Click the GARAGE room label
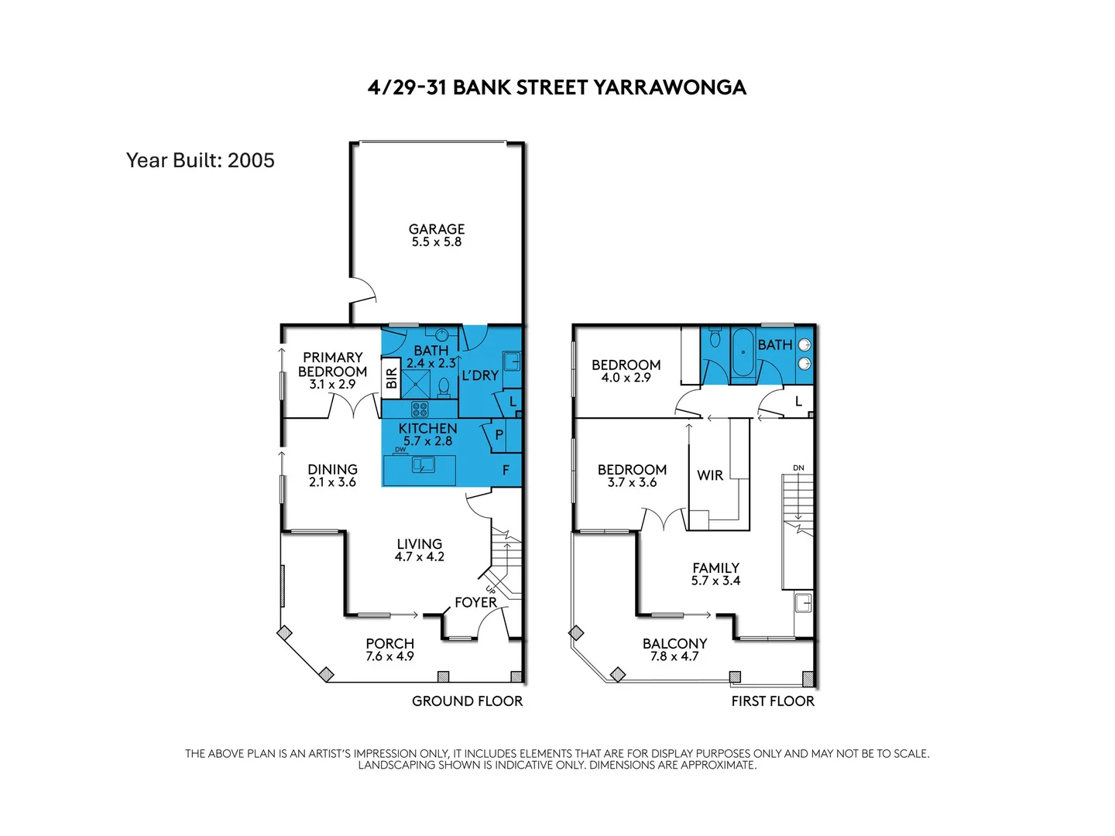coord(437,229)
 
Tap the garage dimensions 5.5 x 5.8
coord(437,242)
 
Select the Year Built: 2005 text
coord(201,160)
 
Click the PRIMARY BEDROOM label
coord(333,365)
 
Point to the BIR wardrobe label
coord(392,379)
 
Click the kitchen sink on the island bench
coord(423,465)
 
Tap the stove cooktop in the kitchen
coord(420,409)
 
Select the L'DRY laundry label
coord(480,375)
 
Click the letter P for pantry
coord(499,435)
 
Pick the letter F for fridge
coord(506,470)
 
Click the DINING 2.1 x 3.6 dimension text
coord(333,482)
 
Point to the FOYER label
coord(475,602)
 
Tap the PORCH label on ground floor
coord(390,643)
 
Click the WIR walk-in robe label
coord(710,475)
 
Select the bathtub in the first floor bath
coord(743,352)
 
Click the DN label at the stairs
coord(798,468)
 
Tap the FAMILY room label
coord(716,567)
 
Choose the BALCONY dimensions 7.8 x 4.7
coord(674,656)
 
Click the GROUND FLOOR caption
coord(467,701)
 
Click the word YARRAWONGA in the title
coord(670,87)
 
